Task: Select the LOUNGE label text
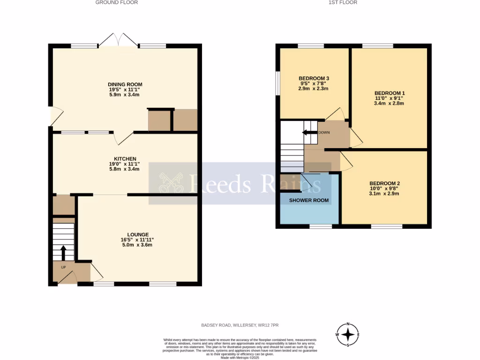[138, 234]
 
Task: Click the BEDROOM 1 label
[389, 93]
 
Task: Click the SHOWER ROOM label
[309, 200]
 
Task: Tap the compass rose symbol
[348, 334]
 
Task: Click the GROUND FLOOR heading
[117, 2]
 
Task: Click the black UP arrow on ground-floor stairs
[62, 252]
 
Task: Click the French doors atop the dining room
[119, 40]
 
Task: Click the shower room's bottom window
[321, 226]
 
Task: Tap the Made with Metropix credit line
[240, 358]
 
